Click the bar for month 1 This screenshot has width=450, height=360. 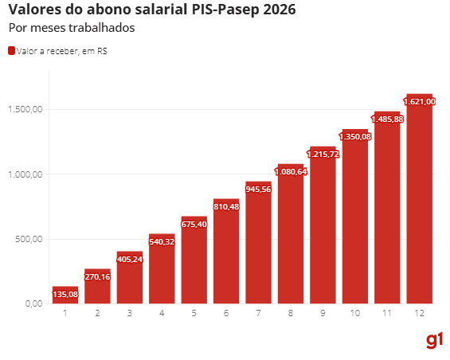click(x=65, y=295)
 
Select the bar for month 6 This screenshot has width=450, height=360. click(x=226, y=255)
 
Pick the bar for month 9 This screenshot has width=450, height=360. click(x=323, y=231)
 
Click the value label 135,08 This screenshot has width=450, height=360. click(x=65, y=294)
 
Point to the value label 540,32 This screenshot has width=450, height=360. click(x=162, y=241)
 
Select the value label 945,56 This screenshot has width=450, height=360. click(x=258, y=190)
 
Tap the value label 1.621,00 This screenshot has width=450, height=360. click(x=420, y=101)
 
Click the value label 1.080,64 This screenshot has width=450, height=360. click(x=291, y=171)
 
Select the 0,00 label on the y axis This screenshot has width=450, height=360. click(x=33, y=303)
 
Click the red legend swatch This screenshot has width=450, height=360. click(x=11, y=51)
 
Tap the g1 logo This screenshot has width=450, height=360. click(x=434, y=340)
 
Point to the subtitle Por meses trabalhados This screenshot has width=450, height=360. click(x=71, y=28)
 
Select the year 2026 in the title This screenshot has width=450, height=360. click(x=280, y=10)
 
